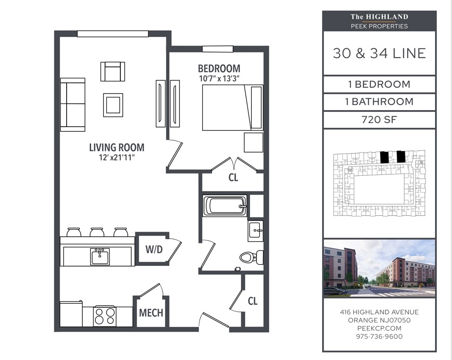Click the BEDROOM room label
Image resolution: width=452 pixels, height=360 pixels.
pyautogui.click(x=219, y=69)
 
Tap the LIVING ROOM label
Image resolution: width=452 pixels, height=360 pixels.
pyautogui.click(x=117, y=147)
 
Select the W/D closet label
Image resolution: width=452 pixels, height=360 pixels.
pyautogui.click(x=154, y=249)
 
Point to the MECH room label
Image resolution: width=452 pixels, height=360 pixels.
pyautogui.click(x=151, y=313)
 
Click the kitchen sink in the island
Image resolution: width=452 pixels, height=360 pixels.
pyautogui.click(x=100, y=256)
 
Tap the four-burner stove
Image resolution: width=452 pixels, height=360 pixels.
pyautogui.click(x=105, y=316)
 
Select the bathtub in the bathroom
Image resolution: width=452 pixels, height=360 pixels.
pyautogui.click(x=225, y=206)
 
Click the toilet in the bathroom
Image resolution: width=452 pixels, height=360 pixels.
pyautogui.click(x=251, y=257)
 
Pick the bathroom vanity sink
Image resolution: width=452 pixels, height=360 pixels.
pyautogui.click(x=256, y=231)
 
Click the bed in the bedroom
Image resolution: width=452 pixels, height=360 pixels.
pyautogui.click(x=232, y=108)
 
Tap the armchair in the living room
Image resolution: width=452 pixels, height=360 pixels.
pyautogui.click(x=113, y=71)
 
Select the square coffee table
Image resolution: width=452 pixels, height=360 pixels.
pyautogui.click(x=113, y=105)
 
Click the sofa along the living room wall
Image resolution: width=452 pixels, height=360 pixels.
pyautogui.click(x=73, y=104)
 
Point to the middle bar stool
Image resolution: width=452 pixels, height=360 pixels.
pyautogui.click(x=97, y=232)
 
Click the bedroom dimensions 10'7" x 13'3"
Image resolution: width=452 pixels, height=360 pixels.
pyautogui.click(x=219, y=78)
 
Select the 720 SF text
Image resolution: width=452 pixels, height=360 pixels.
pyautogui.click(x=379, y=120)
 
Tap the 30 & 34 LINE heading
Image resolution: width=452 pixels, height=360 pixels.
pyautogui.click(x=379, y=53)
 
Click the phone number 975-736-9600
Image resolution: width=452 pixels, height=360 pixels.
pyautogui.click(x=379, y=336)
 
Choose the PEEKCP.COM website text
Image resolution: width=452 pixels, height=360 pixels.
pyautogui.click(x=379, y=328)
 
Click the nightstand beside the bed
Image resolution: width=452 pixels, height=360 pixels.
pyautogui.click(x=254, y=142)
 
